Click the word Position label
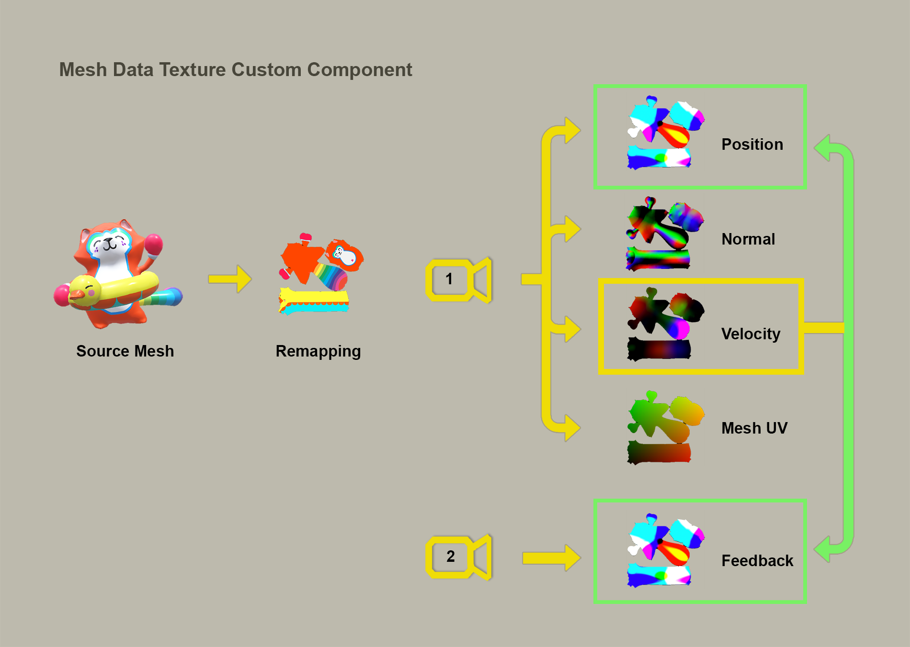752,145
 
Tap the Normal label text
748,239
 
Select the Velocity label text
751,334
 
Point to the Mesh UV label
754,428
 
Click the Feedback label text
757,560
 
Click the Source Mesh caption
125,351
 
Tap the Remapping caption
318,351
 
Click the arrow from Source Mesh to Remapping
230,279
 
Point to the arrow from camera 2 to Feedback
551,558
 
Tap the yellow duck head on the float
85,290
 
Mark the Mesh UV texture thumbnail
663,428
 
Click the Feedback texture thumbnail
664,550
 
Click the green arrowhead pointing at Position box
823,147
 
